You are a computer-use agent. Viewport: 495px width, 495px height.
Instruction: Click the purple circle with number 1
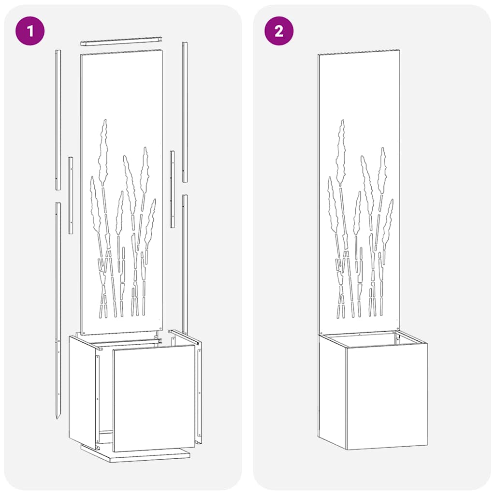[x=30, y=31]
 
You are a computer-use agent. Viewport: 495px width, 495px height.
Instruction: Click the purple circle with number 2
[x=278, y=31]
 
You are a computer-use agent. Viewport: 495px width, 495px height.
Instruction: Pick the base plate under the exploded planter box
[x=135, y=454]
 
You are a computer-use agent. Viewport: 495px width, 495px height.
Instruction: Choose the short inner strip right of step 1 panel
[x=172, y=189]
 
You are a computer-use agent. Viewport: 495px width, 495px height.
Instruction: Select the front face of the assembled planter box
[x=387, y=396]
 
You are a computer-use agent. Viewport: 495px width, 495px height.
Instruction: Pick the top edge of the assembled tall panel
[x=359, y=52]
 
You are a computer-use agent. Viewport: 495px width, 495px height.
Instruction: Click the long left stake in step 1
[x=58, y=309]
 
